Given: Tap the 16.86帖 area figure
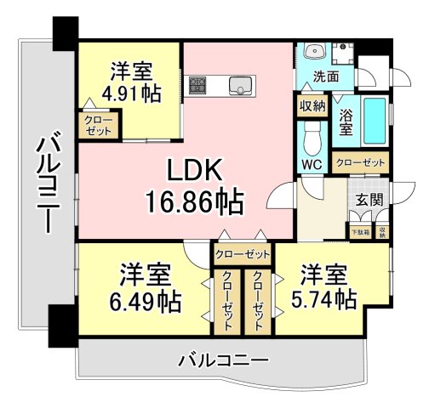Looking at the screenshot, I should coord(194,202).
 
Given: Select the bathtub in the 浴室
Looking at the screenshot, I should coord(372,121).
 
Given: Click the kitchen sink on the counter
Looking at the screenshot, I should coord(242,84).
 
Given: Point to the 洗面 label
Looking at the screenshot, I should coord(326,76).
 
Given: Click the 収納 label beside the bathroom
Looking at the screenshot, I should coord(312,106).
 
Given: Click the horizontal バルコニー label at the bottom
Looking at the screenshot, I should coord(223,360).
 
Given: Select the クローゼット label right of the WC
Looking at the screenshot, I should coord(360,161).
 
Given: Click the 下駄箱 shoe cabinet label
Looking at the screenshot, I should coord(361,230).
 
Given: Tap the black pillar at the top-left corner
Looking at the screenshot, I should coord(63,31).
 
